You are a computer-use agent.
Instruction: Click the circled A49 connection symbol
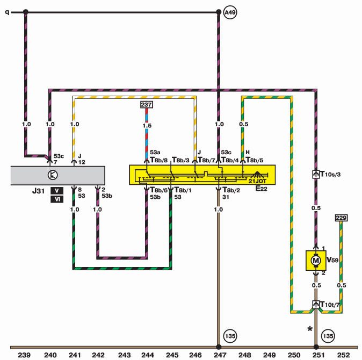click(230, 12)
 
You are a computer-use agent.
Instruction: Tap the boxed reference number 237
click(147, 105)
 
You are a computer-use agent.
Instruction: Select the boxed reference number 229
click(341, 218)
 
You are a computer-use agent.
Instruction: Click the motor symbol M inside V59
click(316, 261)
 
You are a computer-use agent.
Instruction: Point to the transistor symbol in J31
click(53, 175)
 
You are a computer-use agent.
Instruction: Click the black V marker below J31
click(57, 191)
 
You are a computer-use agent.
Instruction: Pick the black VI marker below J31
click(57, 199)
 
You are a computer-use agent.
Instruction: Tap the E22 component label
click(262, 189)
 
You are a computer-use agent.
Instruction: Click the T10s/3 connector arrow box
click(316, 174)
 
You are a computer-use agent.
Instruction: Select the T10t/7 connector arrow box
click(316, 304)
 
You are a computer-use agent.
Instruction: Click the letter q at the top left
click(8, 12)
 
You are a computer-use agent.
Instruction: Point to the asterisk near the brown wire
click(310, 329)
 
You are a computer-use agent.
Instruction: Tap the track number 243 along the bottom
click(124, 355)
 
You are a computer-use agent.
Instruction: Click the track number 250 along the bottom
click(294, 355)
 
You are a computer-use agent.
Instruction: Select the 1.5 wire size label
click(147, 126)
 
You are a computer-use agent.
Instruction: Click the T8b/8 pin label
click(159, 160)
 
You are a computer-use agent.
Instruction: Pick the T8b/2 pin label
click(231, 190)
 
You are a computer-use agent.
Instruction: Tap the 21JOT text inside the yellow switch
click(257, 181)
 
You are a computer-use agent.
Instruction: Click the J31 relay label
click(38, 191)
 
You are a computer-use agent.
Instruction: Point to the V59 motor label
click(332, 260)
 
